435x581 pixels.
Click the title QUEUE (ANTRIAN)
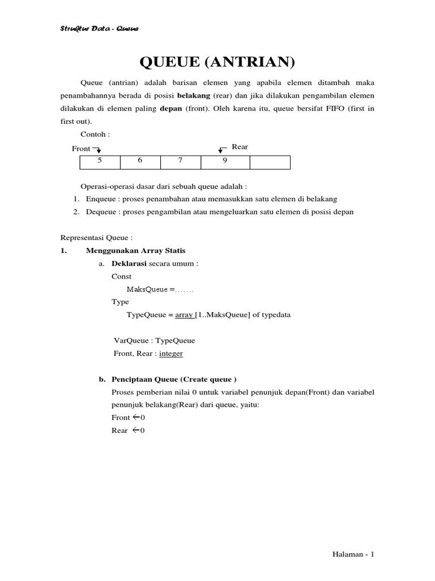pyautogui.click(x=217, y=62)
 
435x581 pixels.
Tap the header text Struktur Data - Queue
pyautogui.click(x=99, y=29)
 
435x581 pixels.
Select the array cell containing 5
pyautogui.click(x=100, y=161)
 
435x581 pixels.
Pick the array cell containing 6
pyautogui.click(x=140, y=161)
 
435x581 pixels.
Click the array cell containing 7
pyautogui.click(x=180, y=161)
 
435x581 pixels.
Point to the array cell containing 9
pyautogui.click(x=225, y=161)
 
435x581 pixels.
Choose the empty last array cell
pyautogui.click(x=270, y=162)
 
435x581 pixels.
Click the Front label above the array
pyautogui.click(x=81, y=149)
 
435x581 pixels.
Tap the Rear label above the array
pyautogui.click(x=240, y=147)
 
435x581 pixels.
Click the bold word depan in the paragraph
pyautogui.click(x=171, y=109)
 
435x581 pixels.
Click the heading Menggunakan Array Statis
pyautogui.click(x=135, y=250)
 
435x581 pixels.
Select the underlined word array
pyautogui.click(x=184, y=315)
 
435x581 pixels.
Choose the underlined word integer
pyautogui.click(x=171, y=353)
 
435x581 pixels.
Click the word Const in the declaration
pyautogui.click(x=121, y=276)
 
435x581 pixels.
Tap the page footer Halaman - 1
pyautogui.click(x=353, y=555)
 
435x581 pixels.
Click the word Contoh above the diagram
pyautogui.click(x=95, y=134)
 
